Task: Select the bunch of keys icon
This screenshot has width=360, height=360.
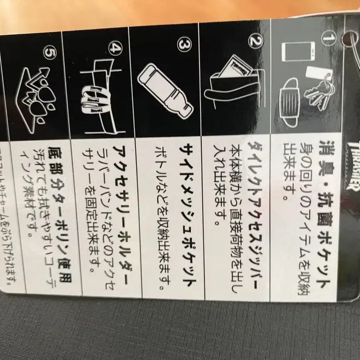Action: tap(323, 91)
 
